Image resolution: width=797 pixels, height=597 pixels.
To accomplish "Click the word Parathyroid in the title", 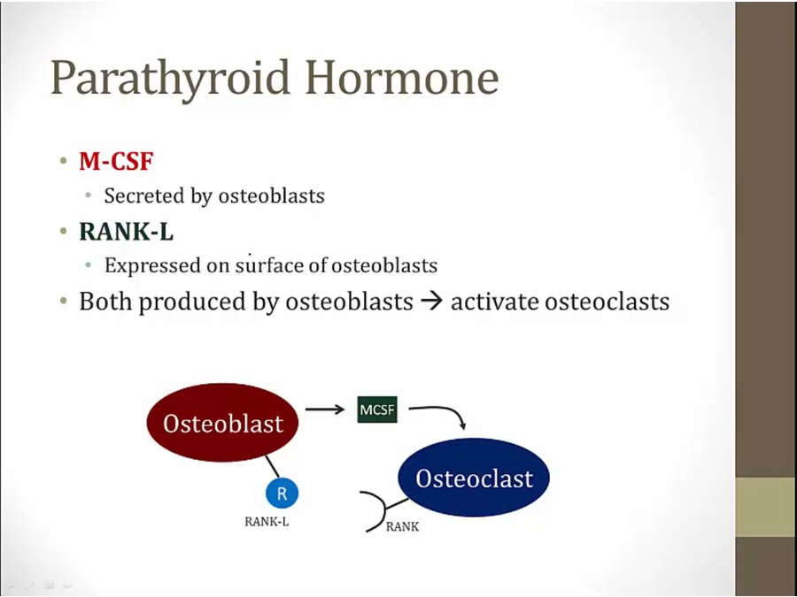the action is tap(171, 79).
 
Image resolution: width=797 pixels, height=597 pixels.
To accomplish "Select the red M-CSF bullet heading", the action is tap(116, 161).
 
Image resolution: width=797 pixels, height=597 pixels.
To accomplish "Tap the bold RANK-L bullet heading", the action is tap(127, 232).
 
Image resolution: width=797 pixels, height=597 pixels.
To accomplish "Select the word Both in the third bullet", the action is tap(105, 301).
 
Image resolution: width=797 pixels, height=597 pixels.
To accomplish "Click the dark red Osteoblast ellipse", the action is tap(222, 423).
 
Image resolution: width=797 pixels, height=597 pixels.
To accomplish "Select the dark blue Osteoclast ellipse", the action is tap(474, 478).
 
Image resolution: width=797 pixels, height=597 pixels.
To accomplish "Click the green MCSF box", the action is tap(377, 409).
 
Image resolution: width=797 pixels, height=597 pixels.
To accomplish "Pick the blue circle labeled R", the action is tap(282, 493).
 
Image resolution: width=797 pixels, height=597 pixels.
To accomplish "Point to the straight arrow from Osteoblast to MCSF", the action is tap(325, 409).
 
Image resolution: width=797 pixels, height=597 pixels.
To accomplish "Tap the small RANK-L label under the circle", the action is tap(267, 522).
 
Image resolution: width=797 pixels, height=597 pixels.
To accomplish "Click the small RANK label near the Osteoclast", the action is tap(403, 527).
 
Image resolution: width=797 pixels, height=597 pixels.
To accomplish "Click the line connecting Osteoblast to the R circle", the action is tap(272, 466).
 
